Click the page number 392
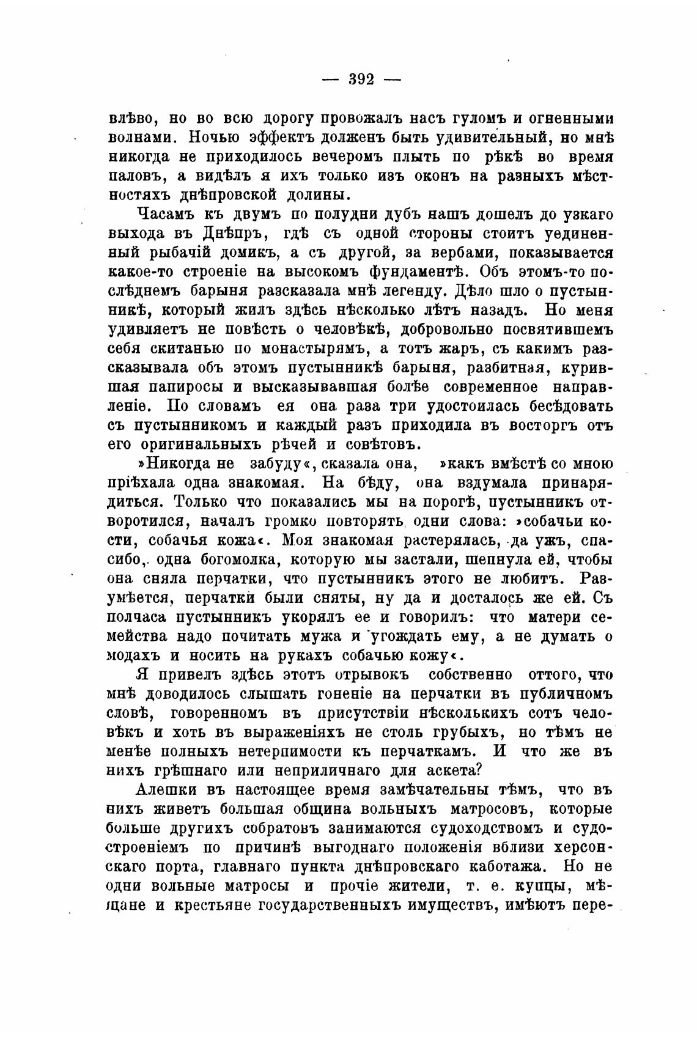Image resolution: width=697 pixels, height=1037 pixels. pyautogui.click(x=361, y=79)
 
